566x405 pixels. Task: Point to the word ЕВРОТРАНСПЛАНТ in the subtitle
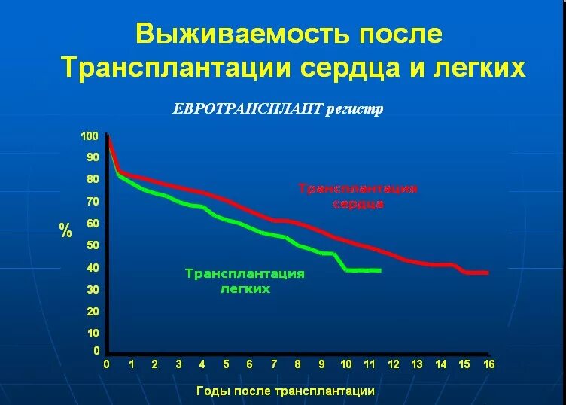coord(248,109)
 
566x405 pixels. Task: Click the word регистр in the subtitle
coord(355,109)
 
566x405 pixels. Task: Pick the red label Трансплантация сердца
coord(358,196)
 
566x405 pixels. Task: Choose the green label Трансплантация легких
coord(245,281)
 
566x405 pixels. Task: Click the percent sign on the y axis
coord(65,230)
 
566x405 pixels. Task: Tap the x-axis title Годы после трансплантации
coord(285,391)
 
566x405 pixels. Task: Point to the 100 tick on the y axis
coord(90,136)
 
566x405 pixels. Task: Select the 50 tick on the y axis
coord(92,245)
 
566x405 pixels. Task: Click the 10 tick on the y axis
coord(92,333)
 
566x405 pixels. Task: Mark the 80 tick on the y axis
coord(92,179)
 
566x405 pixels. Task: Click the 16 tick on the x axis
coord(488,364)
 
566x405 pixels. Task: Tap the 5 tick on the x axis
coord(226,364)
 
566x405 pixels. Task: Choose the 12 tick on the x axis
coord(393,364)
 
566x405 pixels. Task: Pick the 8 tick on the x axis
coord(297,364)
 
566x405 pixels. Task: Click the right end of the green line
coord(381,270)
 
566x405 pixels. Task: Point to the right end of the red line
coord(488,273)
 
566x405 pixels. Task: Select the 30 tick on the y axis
coord(92,289)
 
